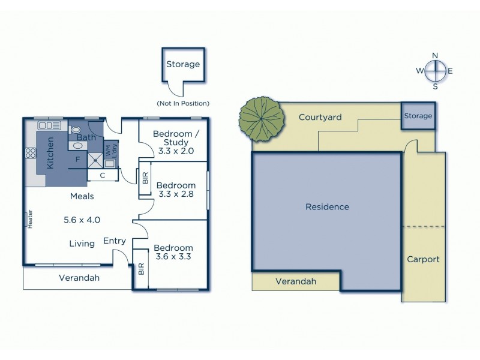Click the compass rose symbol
pyautogui.click(x=435, y=71)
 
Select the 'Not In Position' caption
pyautogui.click(x=182, y=103)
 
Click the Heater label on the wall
pyautogui.click(x=28, y=218)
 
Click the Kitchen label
pyautogui.click(x=50, y=152)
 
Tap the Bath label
pyautogui.click(x=86, y=137)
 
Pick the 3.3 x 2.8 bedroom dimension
pyautogui.click(x=176, y=194)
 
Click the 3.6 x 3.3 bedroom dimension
pyautogui.click(x=173, y=257)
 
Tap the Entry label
pyautogui.click(x=115, y=241)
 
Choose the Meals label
pyautogui.click(x=82, y=196)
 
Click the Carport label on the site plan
pyautogui.click(x=423, y=259)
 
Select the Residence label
pyautogui.click(x=327, y=207)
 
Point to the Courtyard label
pyautogui.click(x=320, y=117)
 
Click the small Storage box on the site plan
pyautogui.click(x=418, y=116)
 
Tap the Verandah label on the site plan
pyautogui.click(x=295, y=281)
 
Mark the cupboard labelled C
pyautogui.click(x=103, y=175)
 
